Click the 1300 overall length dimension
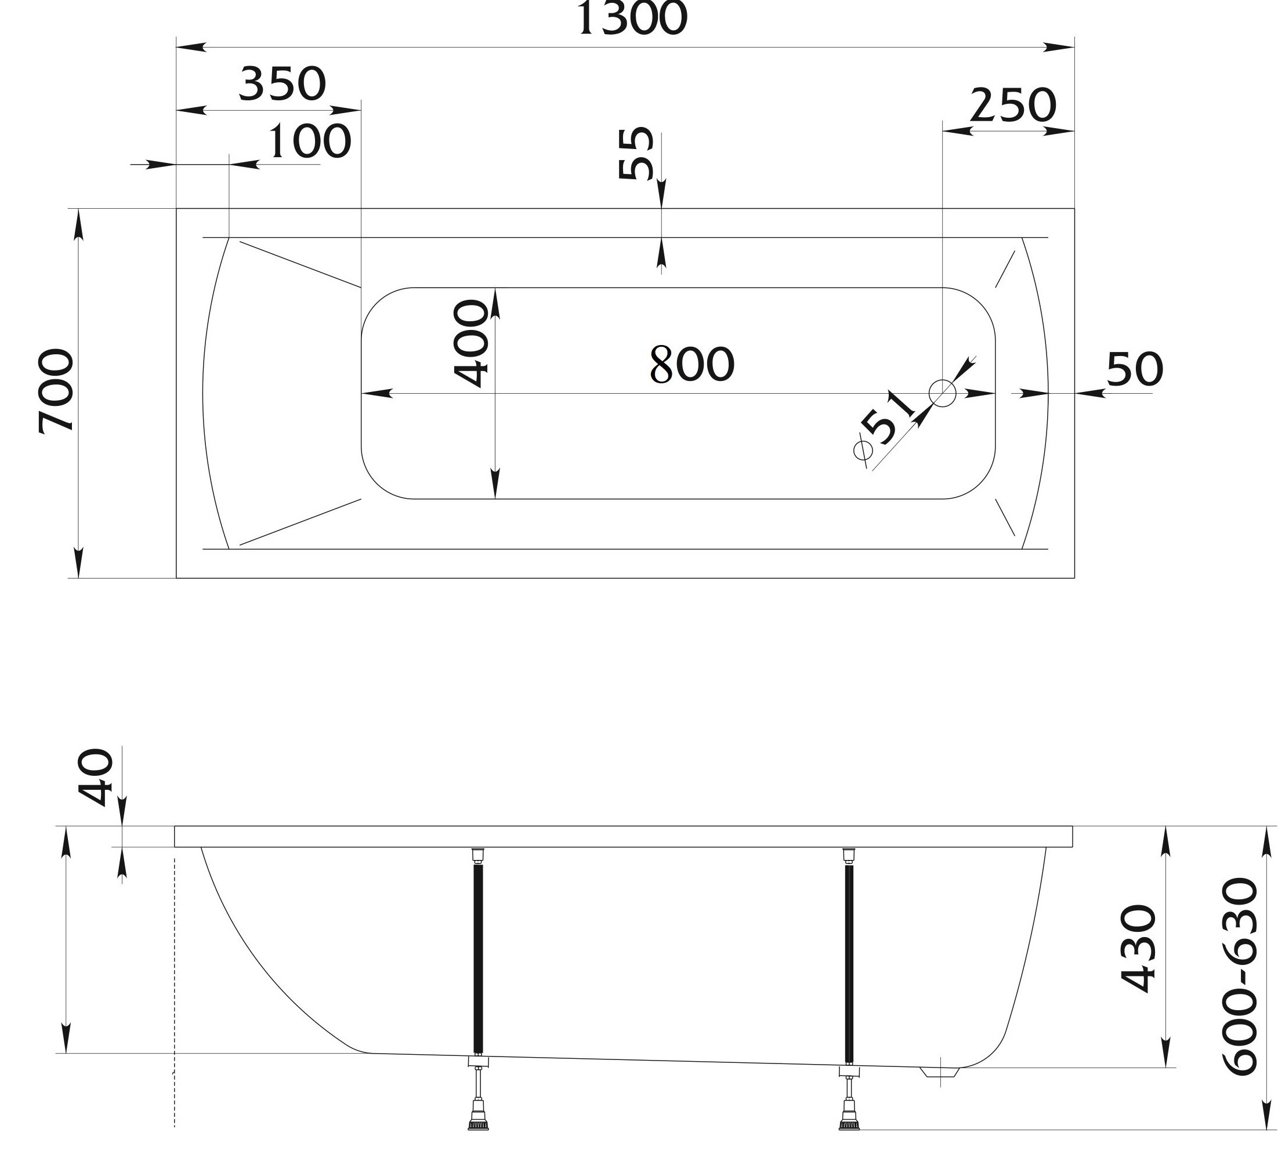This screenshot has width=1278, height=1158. point(631,19)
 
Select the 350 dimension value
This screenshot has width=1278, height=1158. point(283,84)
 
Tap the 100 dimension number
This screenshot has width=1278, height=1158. point(309,141)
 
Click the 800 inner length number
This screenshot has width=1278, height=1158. point(692,364)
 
